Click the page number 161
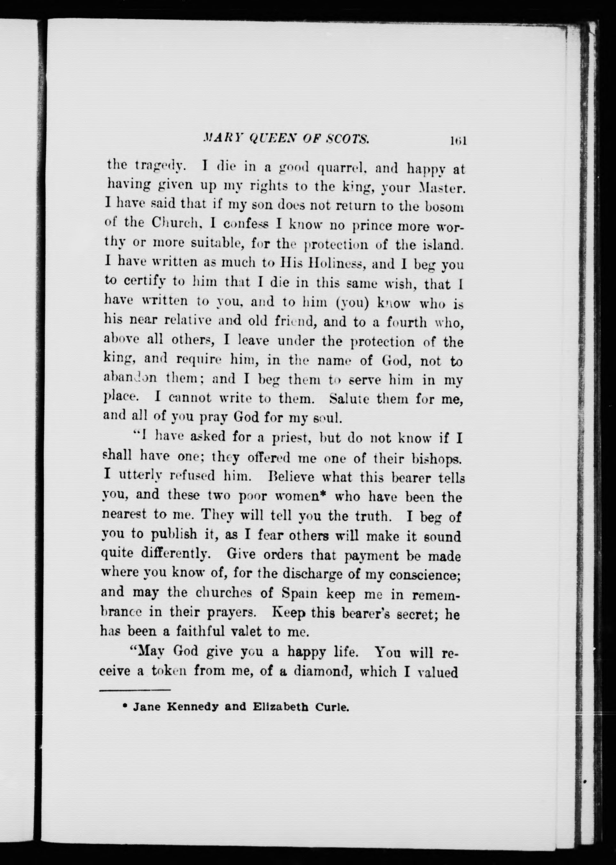[x=458, y=141]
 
